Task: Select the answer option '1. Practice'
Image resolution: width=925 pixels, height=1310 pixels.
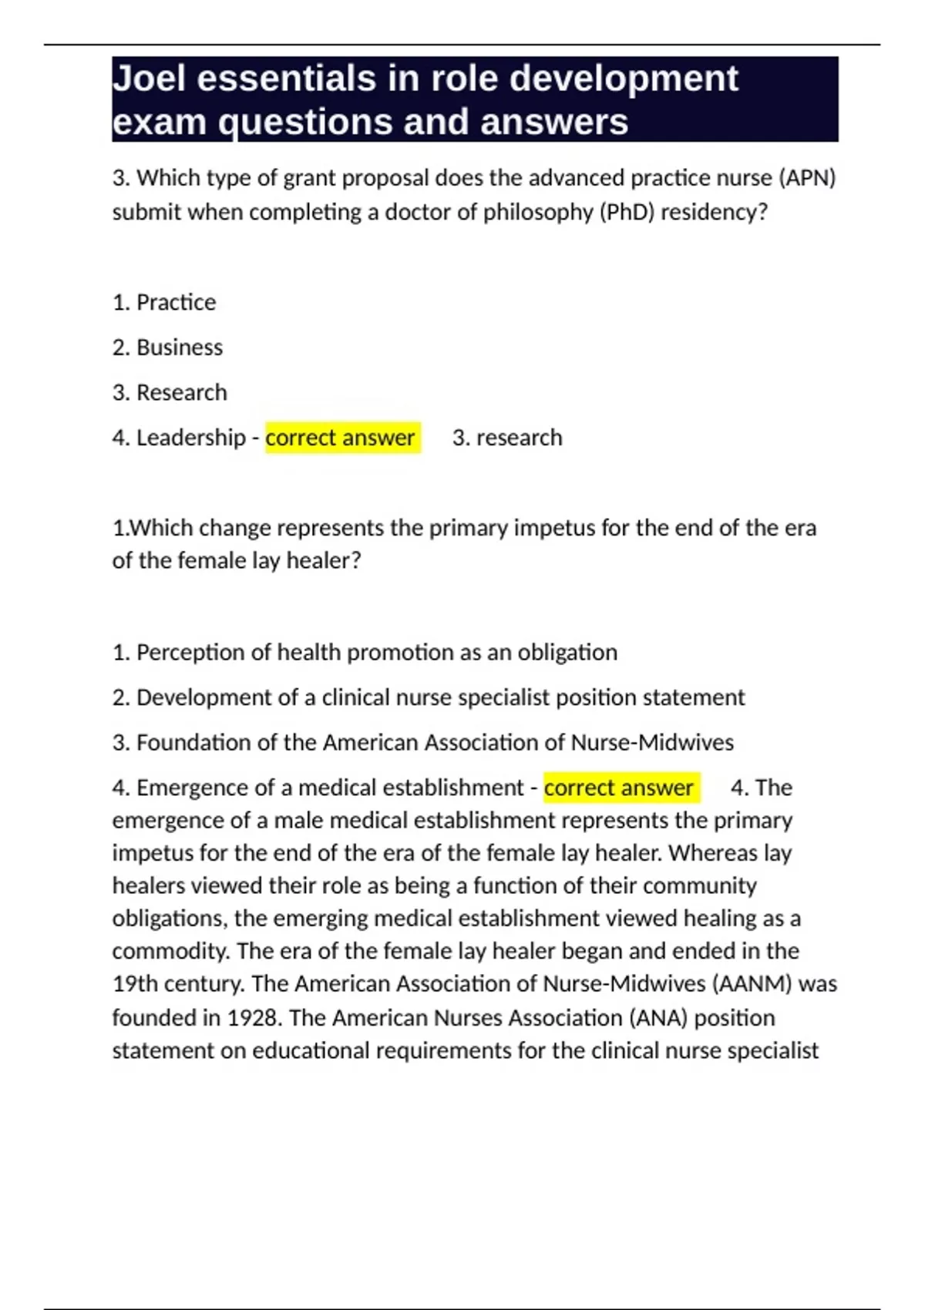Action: click(164, 302)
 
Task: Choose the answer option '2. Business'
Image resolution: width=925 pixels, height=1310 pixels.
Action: click(167, 348)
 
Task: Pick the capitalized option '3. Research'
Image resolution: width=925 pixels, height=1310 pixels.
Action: click(170, 392)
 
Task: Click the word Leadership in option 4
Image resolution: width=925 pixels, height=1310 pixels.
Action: click(191, 438)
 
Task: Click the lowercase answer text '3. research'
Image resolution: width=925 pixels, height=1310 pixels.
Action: click(507, 438)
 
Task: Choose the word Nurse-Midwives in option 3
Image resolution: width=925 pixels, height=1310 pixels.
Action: click(652, 743)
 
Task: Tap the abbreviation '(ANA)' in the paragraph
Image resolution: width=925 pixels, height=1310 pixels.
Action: click(658, 1018)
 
